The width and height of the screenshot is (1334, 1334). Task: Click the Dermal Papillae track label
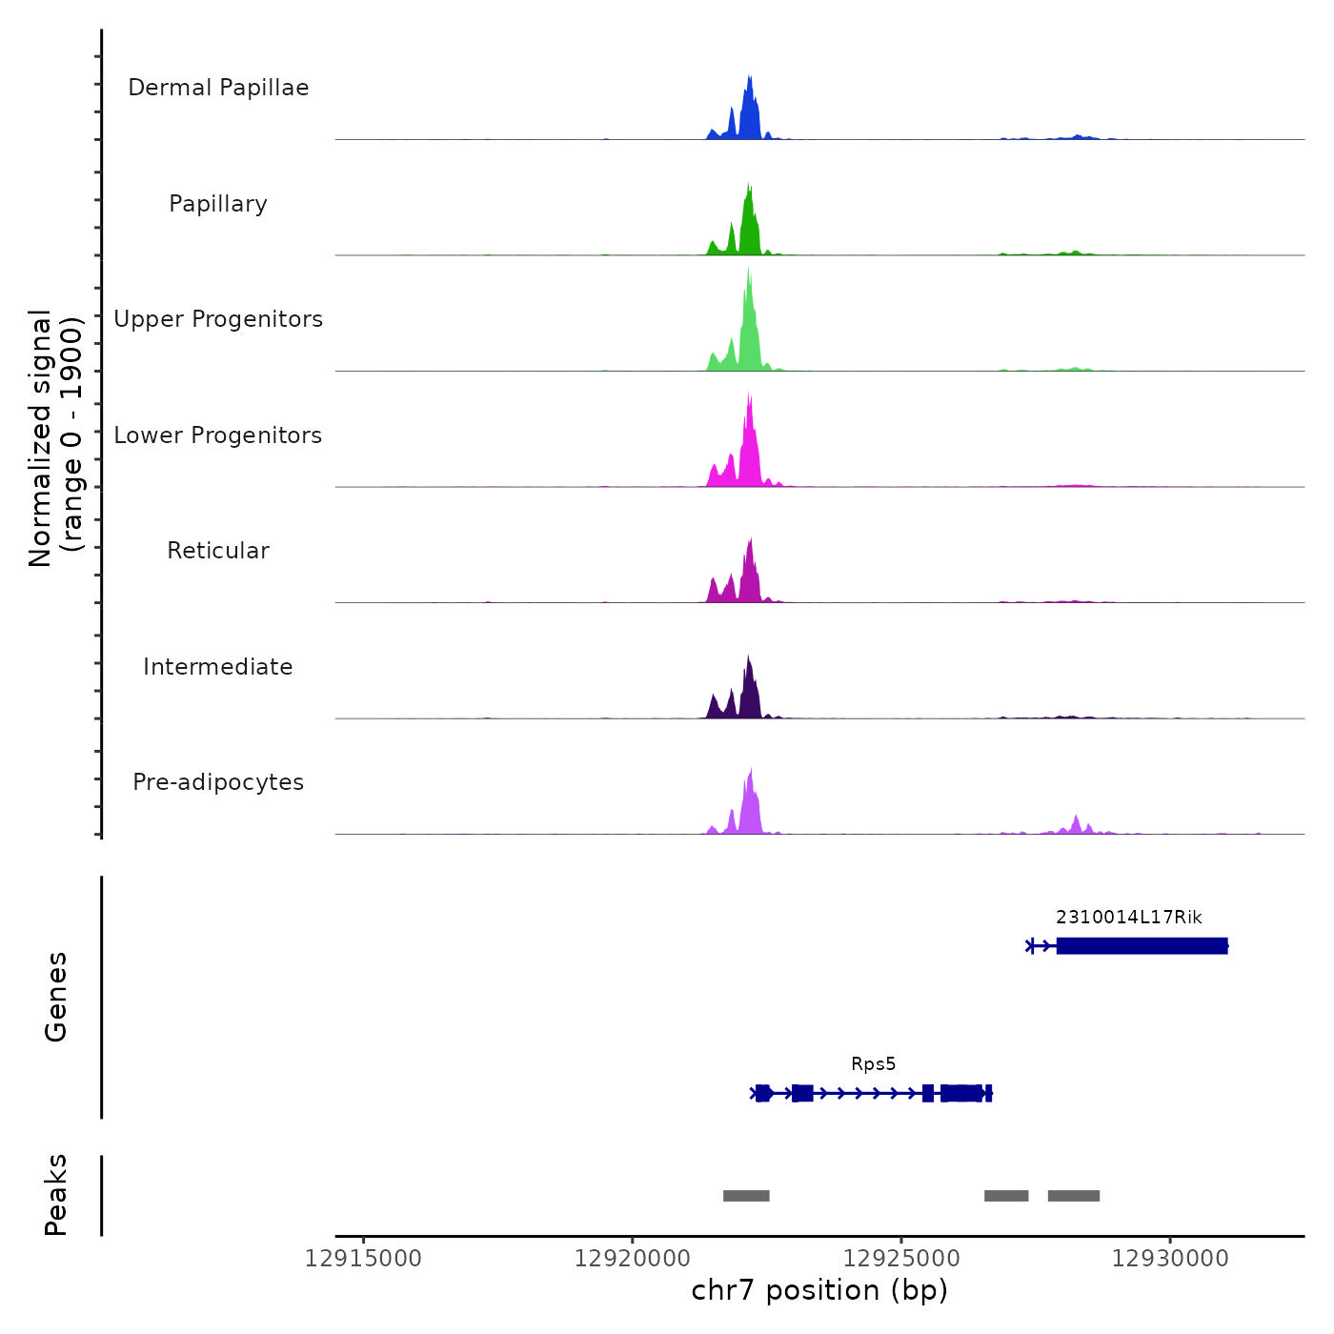click(x=218, y=88)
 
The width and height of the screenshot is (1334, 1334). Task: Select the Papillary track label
click(x=218, y=204)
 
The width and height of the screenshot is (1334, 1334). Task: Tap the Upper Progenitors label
click(x=218, y=319)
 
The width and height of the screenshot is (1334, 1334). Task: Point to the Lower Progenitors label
click(x=218, y=435)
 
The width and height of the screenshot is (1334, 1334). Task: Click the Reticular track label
click(x=218, y=551)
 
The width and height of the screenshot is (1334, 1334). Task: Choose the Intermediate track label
click(x=218, y=667)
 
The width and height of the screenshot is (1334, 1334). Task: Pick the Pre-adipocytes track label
click(x=218, y=782)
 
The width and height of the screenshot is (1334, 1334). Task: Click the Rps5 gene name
click(x=874, y=1064)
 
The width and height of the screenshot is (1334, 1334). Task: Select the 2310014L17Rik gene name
click(x=1129, y=918)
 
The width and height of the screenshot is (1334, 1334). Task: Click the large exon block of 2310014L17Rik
click(x=1142, y=946)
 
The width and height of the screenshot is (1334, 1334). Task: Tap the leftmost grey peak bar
click(x=746, y=1196)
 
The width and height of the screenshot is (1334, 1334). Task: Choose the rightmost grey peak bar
click(x=1074, y=1196)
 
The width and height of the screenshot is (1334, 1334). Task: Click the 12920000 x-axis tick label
click(x=633, y=1259)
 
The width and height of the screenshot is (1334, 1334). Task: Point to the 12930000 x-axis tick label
click(x=1170, y=1259)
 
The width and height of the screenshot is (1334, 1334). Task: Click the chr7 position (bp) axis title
click(x=819, y=1291)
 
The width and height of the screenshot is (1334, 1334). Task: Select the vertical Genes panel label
click(x=56, y=997)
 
